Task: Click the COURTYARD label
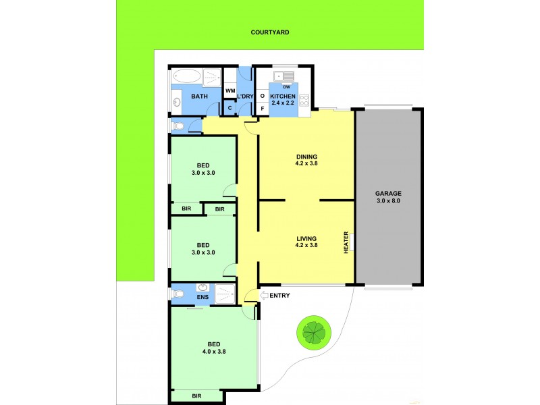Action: click(270, 32)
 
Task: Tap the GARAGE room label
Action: click(388, 193)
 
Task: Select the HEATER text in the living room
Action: click(347, 243)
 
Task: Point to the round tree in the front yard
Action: click(313, 331)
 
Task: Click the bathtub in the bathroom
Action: click(186, 76)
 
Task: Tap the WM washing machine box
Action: click(230, 90)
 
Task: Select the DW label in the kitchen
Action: click(286, 86)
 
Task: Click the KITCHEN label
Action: click(283, 97)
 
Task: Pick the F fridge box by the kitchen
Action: click(262, 108)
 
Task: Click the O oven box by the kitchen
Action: click(262, 96)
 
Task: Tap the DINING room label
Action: click(306, 157)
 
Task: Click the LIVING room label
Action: click(306, 238)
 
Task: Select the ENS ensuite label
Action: click(202, 296)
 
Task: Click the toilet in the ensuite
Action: click(177, 295)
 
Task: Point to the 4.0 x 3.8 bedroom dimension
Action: click(213, 351)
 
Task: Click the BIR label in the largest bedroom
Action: click(197, 396)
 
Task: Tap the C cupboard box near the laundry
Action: click(230, 108)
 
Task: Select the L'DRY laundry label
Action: click(244, 97)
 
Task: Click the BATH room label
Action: click(199, 97)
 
